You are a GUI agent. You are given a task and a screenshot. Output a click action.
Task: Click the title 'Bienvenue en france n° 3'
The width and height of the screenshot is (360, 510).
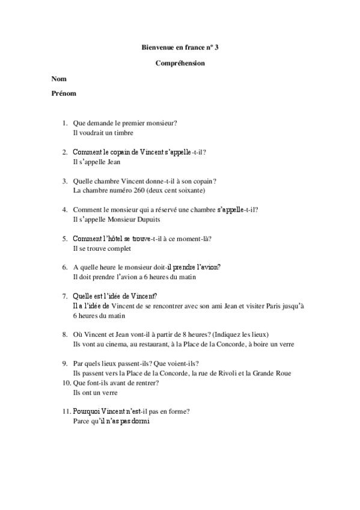click(180, 46)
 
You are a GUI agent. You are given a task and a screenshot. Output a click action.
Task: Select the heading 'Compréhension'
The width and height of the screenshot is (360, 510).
click(180, 63)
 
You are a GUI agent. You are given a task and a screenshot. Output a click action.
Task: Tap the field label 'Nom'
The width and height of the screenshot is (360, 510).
click(59, 79)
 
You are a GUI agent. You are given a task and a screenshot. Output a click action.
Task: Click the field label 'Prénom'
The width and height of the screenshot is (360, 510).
click(64, 94)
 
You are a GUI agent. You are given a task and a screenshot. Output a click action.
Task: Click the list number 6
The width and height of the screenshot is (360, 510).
click(64, 267)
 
